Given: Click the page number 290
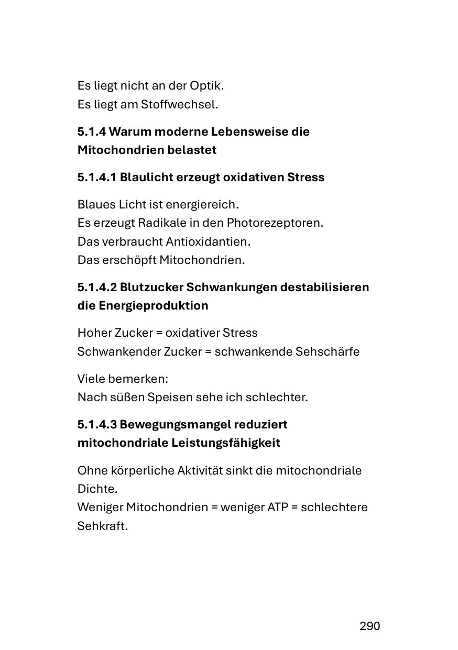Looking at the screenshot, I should pyautogui.click(x=369, y=626).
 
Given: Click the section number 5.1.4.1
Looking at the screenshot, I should pyautogui.click(x=97, y=177).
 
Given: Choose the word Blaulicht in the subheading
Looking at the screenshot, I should pyautogui.click(x=147, y=177).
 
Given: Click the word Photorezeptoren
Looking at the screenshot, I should pyautogui.click(x=275, y=223).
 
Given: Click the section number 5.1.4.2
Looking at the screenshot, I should pyautogui.click(x=97, y=287).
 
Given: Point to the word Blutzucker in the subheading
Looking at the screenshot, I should pyautogui.click(x=151, y=287).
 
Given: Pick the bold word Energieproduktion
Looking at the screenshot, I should pyautogui.click(x=153, y=305).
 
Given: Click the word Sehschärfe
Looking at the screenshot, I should pyautogui.click(x=328, y=351).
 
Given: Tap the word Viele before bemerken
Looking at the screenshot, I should pyautogui.click(x=91, y=378).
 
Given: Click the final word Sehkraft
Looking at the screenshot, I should pyautogui.click(x=102, y=526).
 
